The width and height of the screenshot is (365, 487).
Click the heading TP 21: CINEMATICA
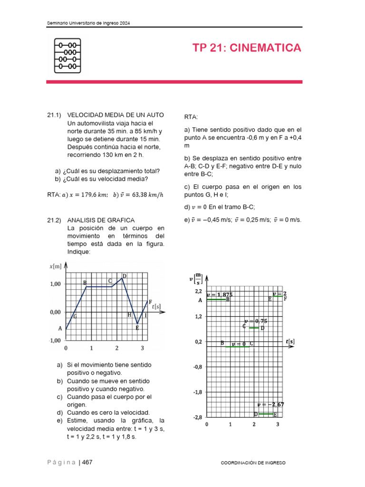pos(247,48)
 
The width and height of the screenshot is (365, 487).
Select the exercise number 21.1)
pos(55,115)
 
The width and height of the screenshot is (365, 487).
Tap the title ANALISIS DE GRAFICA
pos(101,220)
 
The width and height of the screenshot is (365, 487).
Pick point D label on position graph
pos(125,276)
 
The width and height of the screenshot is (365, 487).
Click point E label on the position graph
pos(137,328)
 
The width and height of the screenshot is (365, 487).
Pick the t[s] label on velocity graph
pos(290,341)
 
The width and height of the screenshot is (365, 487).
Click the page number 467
pos(87,463)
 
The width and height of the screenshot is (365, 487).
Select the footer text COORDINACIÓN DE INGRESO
pos(254,463)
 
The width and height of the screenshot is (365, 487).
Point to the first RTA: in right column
pos(191,117)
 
